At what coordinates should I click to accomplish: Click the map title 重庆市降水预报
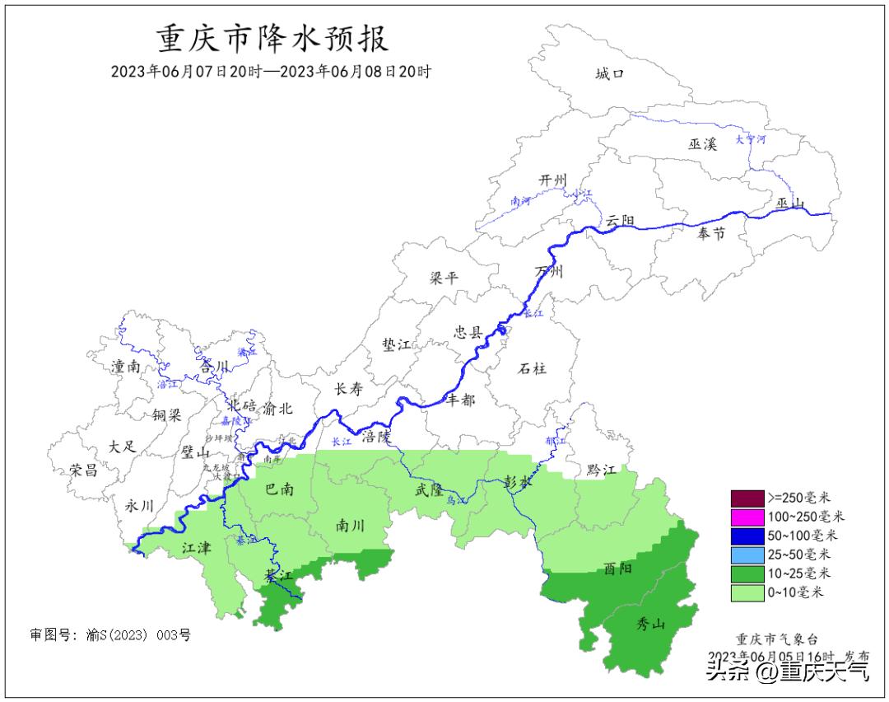click(272, 39)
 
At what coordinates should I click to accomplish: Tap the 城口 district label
click(610, 74)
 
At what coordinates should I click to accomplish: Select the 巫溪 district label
click(703, 144)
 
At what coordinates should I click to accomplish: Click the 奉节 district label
click(711, 234)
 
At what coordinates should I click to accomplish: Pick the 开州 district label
click(553, 180)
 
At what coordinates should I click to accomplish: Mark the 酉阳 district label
click(617, 569)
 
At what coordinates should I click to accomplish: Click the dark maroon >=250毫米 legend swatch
click(746, 498)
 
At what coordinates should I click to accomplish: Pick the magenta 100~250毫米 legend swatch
click(746, 517)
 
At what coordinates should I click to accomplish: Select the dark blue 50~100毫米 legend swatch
click(746, 536)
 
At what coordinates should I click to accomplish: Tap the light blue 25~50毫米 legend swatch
click(746, 555)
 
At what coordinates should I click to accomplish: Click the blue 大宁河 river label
click(750, 139)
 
